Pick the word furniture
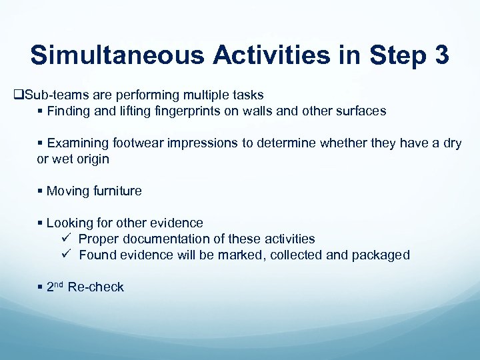coord(117,191)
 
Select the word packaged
coord(383,255)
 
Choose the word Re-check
coord(96,287)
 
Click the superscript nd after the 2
coord(59,285)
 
